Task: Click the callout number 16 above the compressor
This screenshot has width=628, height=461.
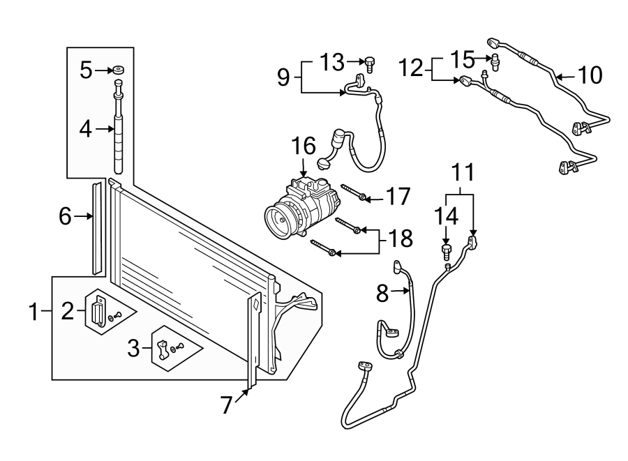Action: click(304, 146)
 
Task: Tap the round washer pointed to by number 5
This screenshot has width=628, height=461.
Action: click(117, 70)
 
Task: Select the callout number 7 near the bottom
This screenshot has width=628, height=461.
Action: click(227, 405)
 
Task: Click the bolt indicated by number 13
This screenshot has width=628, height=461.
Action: click(369, 64)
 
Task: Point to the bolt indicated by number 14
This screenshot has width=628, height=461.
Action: click(446, 252)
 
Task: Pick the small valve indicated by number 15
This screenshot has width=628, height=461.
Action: click(495, 62)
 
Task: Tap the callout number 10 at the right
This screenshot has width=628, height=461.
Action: click(590, 75)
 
